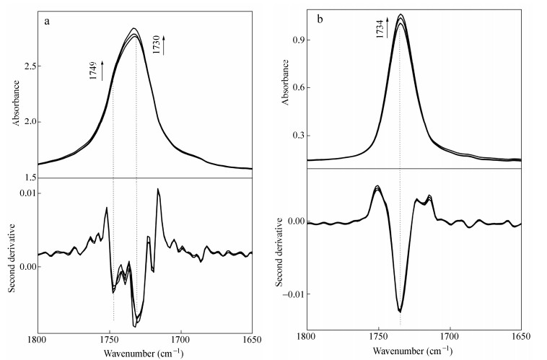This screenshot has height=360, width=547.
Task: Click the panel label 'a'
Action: tap(47, 21)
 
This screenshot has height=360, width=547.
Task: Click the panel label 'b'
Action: tap(319, 19)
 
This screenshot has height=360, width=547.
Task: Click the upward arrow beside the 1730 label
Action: tap(165, 45)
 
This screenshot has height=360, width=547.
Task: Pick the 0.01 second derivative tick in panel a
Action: tap(25, 193)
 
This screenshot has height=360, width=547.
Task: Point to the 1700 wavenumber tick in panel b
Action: tap(450, 336)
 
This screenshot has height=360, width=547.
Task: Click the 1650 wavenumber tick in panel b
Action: tap(521, 336)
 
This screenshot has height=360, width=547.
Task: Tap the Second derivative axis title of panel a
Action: tap(12, 247)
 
